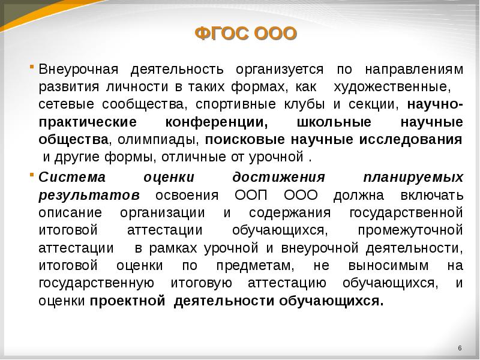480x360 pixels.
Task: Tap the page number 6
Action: [459, 349]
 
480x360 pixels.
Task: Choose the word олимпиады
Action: [157, 140]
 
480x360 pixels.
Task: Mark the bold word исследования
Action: [411, 140]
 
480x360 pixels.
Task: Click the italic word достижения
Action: [278, 178]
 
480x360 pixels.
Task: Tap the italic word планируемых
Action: [413, 178]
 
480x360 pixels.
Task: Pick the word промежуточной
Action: [410, 230]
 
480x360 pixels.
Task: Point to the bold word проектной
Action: [128, 301]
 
